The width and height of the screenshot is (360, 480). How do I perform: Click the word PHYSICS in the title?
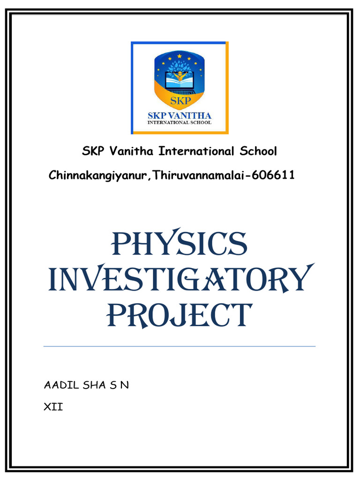180,244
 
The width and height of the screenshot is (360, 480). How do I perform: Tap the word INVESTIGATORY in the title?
180,280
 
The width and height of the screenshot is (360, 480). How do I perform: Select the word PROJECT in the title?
180,315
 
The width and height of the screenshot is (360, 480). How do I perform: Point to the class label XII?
53,407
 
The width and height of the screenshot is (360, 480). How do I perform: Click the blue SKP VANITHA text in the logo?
180,115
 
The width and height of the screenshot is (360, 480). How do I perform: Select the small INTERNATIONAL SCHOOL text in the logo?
180,123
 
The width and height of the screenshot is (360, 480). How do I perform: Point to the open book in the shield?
179,83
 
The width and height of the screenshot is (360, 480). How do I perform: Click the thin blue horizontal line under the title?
180,346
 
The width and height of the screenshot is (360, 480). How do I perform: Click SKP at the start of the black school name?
94,151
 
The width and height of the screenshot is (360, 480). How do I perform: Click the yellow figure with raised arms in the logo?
179,75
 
